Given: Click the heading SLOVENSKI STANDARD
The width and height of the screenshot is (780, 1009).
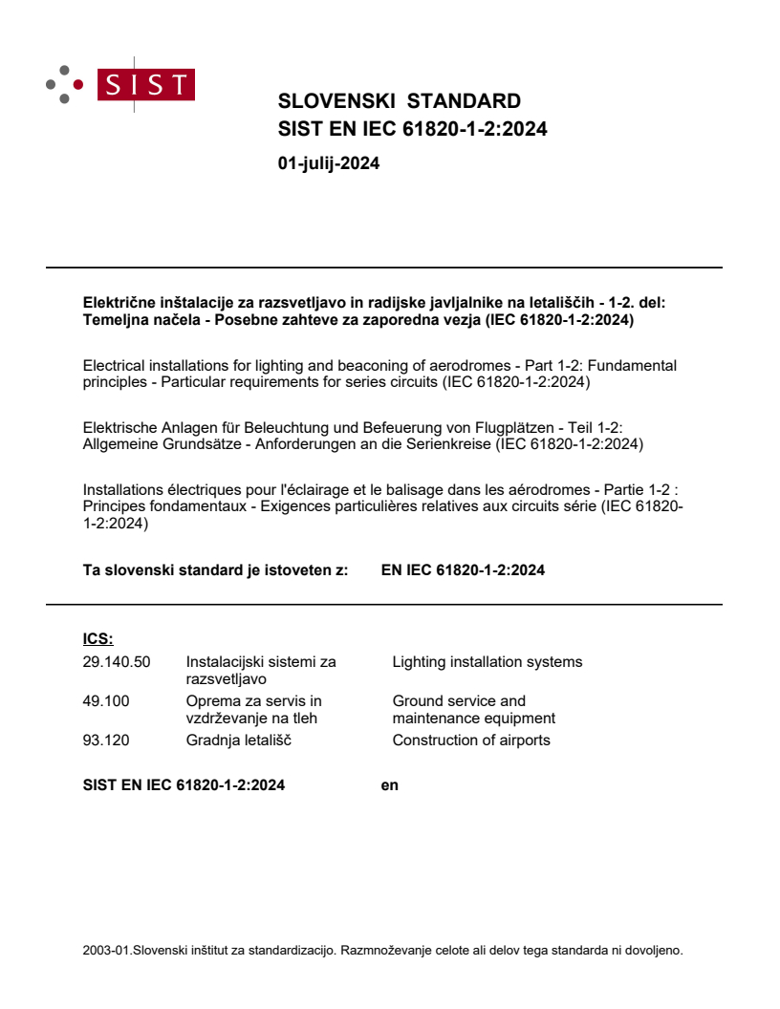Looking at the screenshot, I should pyautogui.click(x=399, y=101).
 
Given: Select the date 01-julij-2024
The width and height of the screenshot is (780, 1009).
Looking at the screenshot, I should pyautogui.click(x=328, y=163).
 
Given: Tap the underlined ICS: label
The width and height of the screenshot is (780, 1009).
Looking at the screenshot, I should pyautogui.click(x=98, y=639).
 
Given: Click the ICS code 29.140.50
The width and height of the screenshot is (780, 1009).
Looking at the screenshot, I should pyautogui.click(x=117, y=662).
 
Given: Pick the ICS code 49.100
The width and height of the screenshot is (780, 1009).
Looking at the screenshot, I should pyautogui.click(x=106, y=701).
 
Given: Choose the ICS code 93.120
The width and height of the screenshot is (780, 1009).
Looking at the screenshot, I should pyautogui.click(x=106, y=741).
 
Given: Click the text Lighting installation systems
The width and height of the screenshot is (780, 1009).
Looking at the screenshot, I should pyautogui.click(x=487, y=662).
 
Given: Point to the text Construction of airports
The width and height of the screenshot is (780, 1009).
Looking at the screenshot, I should pyautogui.click(x=471, y=741).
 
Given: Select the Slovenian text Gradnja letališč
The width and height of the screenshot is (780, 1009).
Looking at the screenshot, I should pyautogui.click(x=240, y=741).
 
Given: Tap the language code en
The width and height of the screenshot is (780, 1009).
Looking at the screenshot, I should pyautogui.click(x=389, y=785).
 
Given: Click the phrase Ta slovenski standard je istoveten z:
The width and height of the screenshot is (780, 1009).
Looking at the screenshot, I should pyautogui.click(x=215, y=570).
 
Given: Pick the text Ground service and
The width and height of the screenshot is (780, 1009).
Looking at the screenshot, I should pyautogui.click(x=459, y=701).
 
